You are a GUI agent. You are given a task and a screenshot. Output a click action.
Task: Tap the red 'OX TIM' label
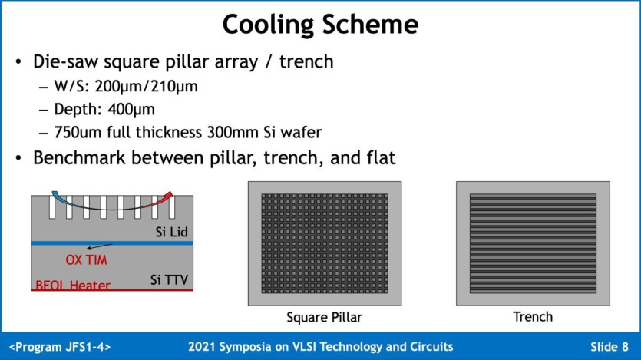click(86, 259)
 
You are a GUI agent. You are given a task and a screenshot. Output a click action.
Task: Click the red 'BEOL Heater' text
click(73, 286)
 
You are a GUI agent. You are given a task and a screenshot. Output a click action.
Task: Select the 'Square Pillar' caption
click(324, 317)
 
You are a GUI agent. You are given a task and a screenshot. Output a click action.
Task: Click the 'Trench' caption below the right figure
click(533, 316)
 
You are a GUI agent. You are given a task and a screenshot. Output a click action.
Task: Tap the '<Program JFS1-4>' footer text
click(60, 347)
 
